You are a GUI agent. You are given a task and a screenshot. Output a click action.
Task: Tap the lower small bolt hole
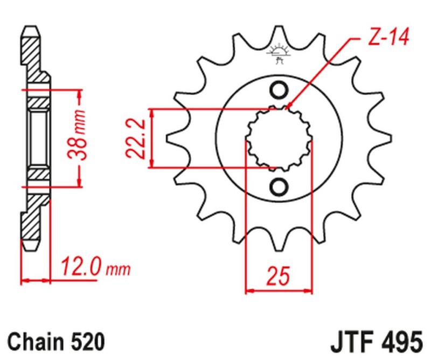279,186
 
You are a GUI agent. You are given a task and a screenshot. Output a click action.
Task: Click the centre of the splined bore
279,139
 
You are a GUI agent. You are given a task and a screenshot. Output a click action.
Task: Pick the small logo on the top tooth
279,53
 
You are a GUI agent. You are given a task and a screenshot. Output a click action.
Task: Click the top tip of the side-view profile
31,29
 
